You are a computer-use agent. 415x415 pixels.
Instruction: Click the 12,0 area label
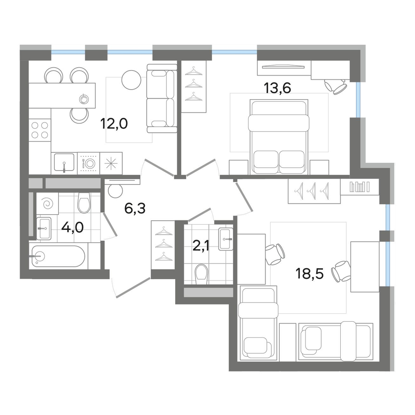[x=114, y=124]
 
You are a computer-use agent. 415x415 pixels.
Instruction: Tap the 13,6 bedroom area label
[x=277, y=88]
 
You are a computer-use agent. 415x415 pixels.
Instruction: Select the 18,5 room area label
[x=310, y=273]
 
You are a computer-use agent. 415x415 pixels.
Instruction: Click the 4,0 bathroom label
[x=72, y=227]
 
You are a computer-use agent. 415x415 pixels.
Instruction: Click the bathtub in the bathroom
[x=59, y=256]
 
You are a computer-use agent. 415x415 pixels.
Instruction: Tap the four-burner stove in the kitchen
[x=40, y=130]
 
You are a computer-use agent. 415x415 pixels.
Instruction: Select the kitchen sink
[x=64, y=162]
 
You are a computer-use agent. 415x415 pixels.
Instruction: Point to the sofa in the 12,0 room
[x=162, y=98]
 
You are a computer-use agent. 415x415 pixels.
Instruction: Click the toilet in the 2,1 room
[x=201, y=274]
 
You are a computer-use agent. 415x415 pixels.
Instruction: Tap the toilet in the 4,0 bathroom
[x=84, y=203]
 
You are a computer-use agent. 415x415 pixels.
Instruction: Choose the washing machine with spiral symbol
[x=47, y=203]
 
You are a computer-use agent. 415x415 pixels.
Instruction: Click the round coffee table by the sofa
[x=132, y=80]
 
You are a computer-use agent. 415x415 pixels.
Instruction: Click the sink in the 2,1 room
[x=226, y=239]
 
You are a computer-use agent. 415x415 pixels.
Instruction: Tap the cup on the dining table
[x=84, y=99]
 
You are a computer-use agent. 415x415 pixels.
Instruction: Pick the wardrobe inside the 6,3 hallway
[x=163, y=245]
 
